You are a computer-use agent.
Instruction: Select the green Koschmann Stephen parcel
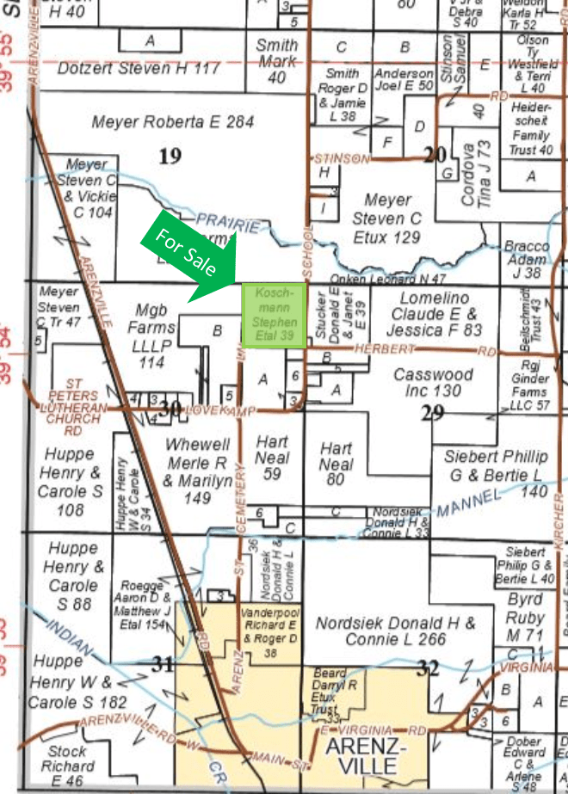(x=274, y=316)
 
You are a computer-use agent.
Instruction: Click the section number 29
(x=432, y=412)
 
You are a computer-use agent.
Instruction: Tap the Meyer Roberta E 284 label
(x=172, y=123)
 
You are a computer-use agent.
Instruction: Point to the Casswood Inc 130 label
(x=433, y=383)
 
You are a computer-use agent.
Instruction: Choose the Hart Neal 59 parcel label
(x=272, y=457)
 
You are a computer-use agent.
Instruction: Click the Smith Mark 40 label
(x=277, y=61)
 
